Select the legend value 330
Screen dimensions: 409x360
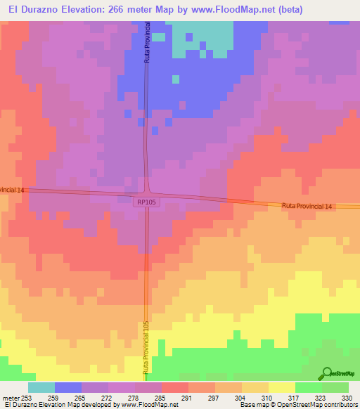coord(346,398)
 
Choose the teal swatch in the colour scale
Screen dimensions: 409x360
coord(41,387)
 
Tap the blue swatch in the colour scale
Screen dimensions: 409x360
coord(68,387)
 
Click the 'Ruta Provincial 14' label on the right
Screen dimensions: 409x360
coord(307,206)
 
